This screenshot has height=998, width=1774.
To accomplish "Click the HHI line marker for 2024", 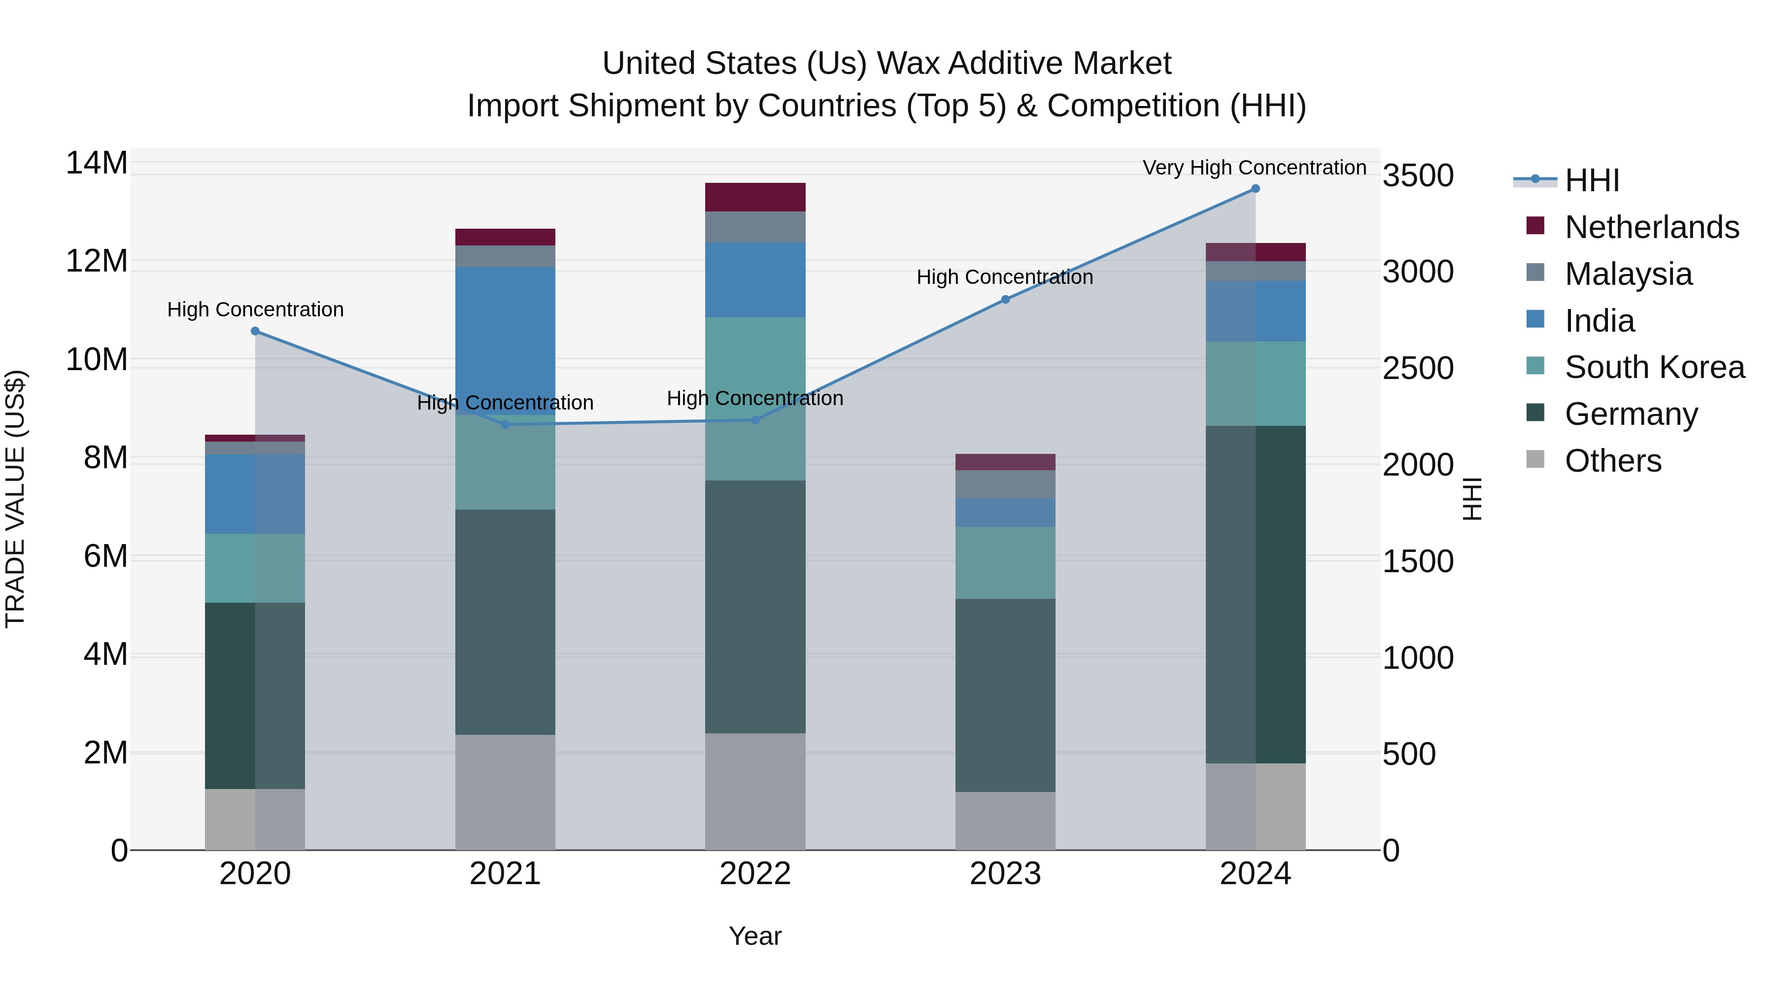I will (x=1255, y=189).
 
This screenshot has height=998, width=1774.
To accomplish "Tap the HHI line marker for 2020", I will (x=255, y=331).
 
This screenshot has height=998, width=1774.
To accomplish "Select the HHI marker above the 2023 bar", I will (x=1005, y=300).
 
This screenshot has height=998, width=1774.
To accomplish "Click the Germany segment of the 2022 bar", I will (x=755, y=606).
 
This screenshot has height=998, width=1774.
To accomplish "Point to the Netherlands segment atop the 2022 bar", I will (x=755, y=197).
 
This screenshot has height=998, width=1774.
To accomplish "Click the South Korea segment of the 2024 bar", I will (x=1255, y=383).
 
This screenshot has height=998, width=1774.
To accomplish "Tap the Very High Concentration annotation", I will (x=1254, y=168).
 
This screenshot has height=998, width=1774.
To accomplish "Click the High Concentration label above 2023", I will (x=1004, y=277).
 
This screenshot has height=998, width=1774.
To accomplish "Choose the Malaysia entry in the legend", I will (x=1628, y=274).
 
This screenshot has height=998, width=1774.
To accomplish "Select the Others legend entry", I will (x=1612, y=461).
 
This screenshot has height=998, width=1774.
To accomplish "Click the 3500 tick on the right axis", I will (x=1418, y=175).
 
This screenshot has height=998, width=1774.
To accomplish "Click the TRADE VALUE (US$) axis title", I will (x=16, y=499).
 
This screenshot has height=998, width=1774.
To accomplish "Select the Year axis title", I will (x=755, y=936).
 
